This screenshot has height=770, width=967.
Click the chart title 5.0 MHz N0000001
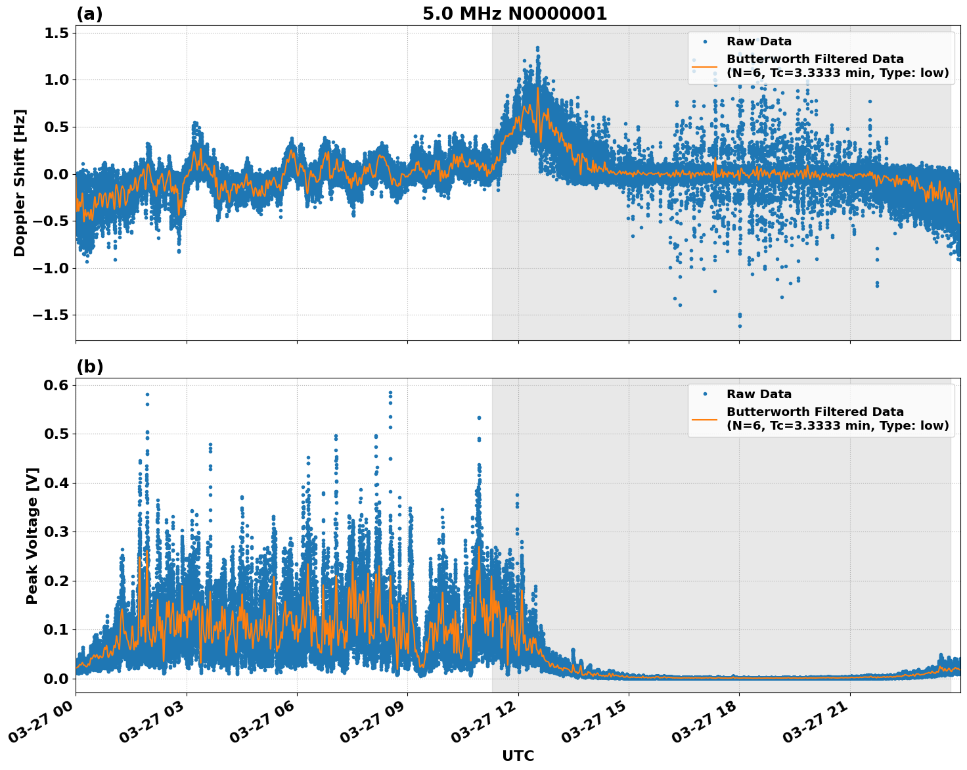point(514,14)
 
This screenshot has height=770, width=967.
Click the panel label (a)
point(89,14)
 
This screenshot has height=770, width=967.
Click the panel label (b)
point(89,367)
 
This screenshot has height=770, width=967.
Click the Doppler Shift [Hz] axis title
point(20,183)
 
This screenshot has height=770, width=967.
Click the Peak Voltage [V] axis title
point(32,535)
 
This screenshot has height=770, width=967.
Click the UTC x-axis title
point(518,756)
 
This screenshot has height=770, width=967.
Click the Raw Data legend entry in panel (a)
point(759,41)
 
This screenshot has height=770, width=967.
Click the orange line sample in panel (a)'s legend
point(704,66)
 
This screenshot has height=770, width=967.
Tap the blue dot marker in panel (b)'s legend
point(704,394)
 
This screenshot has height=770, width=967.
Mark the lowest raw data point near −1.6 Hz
point(739,326)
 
